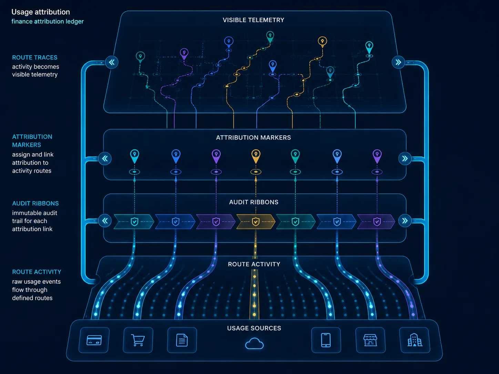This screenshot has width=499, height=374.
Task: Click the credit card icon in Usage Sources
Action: [x=94, y=340]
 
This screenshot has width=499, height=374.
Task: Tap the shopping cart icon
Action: [x=138, y=340]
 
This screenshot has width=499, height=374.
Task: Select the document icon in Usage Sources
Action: [x=182, y=340]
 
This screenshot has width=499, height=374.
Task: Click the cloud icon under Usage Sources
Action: [x=254, y=343]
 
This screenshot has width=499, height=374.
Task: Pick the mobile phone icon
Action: [x=326, y=340]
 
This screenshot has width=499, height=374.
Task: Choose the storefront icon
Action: [x=370, y=340]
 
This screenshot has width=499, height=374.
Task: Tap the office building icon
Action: [x=415, y=340]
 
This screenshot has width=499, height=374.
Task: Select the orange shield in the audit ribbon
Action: [x=256, y=222]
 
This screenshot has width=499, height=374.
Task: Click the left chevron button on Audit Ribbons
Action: [x=105, y=220]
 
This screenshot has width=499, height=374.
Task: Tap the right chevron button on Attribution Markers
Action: [x=405, y=158]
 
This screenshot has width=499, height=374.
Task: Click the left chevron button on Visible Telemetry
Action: [x=112, y=62]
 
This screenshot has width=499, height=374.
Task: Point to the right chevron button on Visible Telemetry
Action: [x=398, y=62]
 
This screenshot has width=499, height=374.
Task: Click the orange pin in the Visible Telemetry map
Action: [x=322, y=42]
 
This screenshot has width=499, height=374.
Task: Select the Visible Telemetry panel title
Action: [x=254, y=20]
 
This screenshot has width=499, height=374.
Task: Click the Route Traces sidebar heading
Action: [x=34, y=58]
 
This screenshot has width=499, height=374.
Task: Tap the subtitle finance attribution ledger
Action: [x=48, y=21]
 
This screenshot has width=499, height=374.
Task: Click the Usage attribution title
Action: [x=41, y=12]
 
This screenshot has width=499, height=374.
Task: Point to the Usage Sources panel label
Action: [x=254, y=328]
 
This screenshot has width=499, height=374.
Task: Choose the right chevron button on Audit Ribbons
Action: [x=405, y=220]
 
